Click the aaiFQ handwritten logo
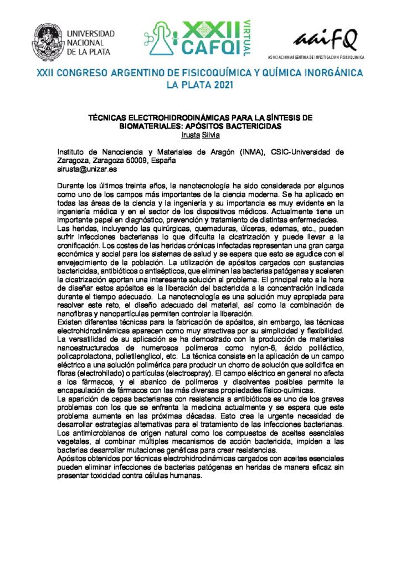pos(326,40)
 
